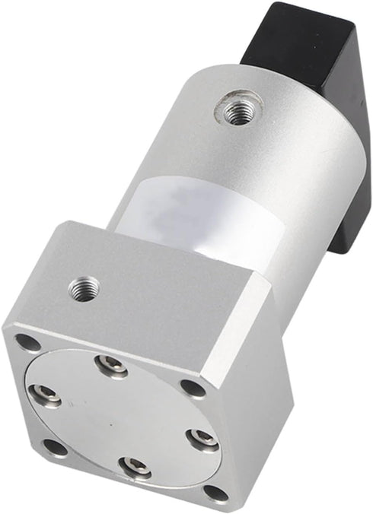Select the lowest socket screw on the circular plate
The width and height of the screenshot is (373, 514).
(x=135, y=466)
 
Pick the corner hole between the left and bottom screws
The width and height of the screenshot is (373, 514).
(x=55, y=446)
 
